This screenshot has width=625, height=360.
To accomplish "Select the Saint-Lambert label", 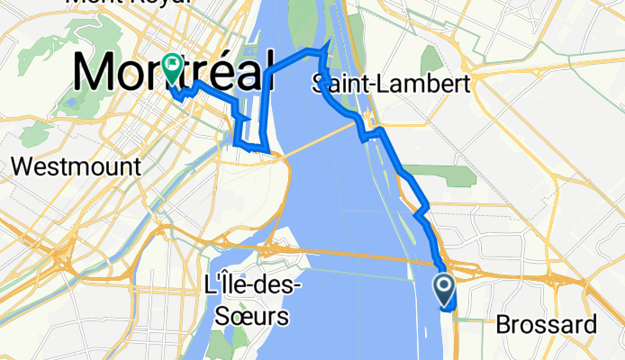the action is pos(391,85).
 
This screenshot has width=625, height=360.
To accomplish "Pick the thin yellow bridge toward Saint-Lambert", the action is pos(324,140).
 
